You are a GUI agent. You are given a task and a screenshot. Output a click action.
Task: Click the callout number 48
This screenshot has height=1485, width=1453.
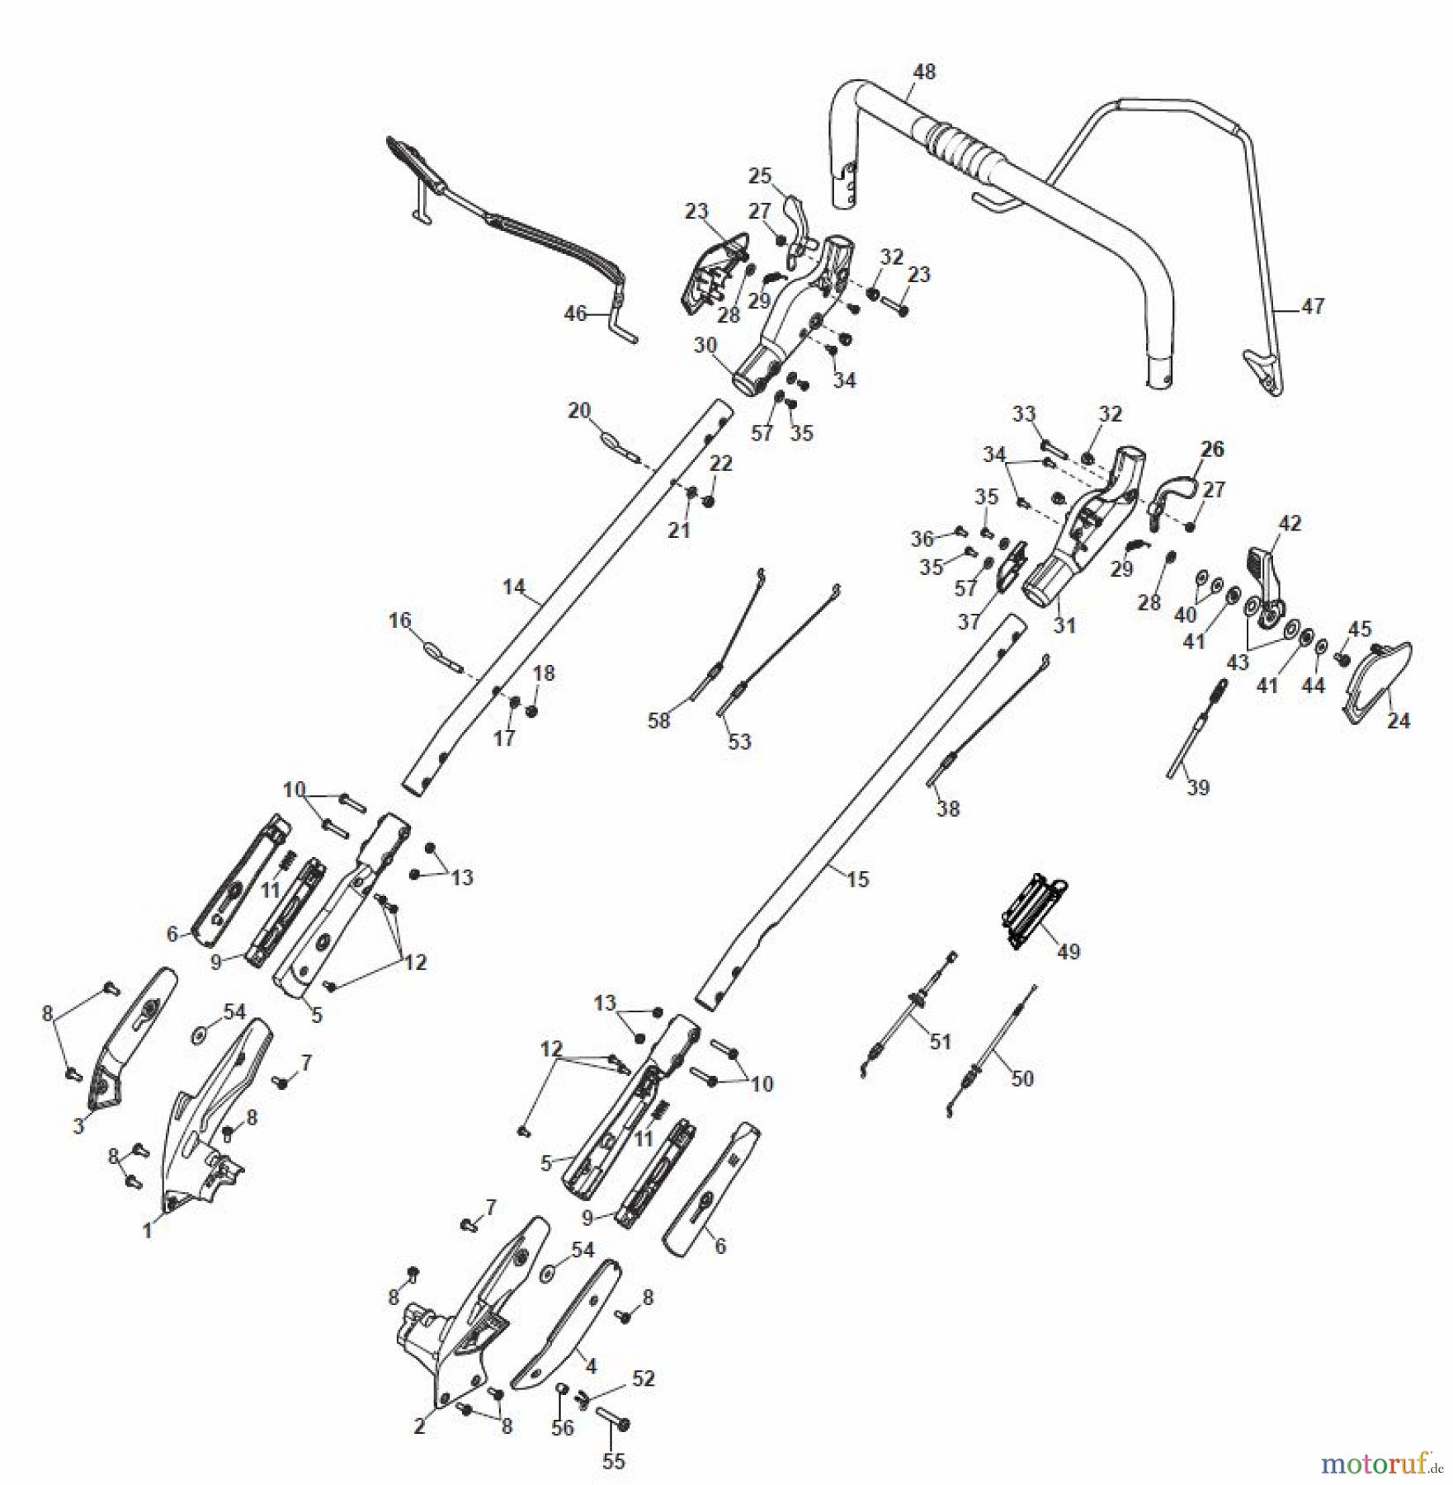924,72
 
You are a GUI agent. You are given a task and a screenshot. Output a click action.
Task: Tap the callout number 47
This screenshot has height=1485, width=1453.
1313,306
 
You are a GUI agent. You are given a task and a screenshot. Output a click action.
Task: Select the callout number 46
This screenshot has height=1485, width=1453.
575,314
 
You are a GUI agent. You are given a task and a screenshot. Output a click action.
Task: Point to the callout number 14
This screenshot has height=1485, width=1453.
513,587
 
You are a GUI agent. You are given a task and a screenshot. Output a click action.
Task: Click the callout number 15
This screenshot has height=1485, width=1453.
858,879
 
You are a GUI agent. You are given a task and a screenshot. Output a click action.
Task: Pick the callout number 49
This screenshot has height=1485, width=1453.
1068,952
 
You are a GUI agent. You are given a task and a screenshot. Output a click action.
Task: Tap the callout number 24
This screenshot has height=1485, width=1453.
1398,721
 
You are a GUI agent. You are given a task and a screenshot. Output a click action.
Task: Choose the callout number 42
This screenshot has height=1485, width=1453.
1290,523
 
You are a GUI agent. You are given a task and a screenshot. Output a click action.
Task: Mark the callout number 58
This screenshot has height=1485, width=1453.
658,721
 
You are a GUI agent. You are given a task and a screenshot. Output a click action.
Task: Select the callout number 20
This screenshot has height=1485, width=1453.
579,410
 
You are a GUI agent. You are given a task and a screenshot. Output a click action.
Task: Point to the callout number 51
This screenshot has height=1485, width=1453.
941,1041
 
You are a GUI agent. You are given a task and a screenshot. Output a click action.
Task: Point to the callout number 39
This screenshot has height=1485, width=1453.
1198,787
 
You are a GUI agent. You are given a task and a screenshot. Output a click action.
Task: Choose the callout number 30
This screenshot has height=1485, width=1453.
705,346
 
